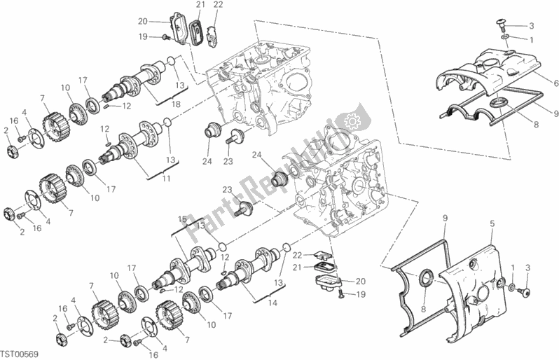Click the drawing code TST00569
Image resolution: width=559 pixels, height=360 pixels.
click(20, 354)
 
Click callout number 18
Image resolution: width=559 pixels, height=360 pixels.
click(176, 104)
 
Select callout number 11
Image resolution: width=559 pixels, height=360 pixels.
click(167, 179)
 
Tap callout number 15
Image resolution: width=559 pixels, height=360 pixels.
click(183, 219)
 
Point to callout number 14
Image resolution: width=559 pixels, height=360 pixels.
click(272, 303)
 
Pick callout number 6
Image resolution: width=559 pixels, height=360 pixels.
click(555, 84)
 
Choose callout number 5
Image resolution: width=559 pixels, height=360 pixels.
click(492, 224)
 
